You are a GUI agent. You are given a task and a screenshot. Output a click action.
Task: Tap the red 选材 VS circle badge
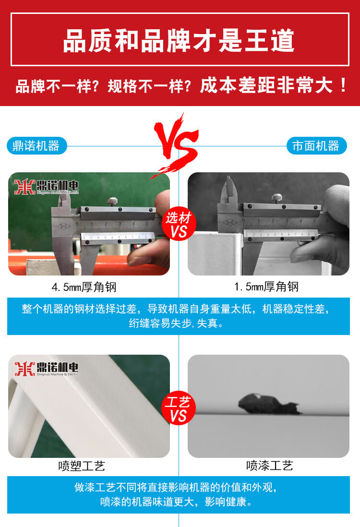point(179,224)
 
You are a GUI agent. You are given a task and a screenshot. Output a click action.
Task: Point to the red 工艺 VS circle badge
point(179,408)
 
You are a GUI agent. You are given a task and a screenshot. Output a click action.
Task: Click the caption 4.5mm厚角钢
point(84,287)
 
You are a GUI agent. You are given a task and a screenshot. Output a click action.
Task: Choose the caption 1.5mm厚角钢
point(266,287)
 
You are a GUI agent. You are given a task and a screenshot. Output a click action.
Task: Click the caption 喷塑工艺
point(82,466)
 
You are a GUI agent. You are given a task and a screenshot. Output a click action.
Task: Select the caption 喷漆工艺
point(269,465)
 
